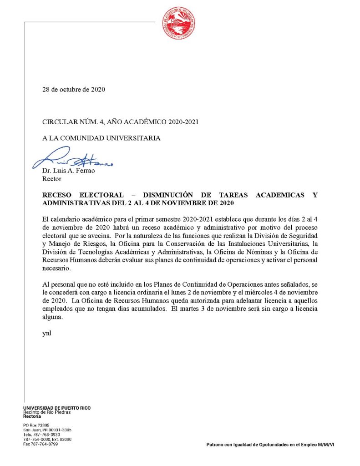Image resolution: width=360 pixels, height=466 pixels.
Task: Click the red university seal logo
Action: [x=179, y=23]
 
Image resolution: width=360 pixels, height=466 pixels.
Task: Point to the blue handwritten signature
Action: [x=73, y=158]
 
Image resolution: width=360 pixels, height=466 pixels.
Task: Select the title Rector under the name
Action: [x=51, y=179]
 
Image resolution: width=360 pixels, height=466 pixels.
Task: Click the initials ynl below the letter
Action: [x=46, y=333]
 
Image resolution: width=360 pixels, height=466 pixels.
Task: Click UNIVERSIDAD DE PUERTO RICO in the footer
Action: [x=56, y=408]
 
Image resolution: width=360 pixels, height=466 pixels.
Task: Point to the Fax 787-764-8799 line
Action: [x=41, y=444]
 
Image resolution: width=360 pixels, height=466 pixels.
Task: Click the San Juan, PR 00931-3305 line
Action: [x=47, y=430]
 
